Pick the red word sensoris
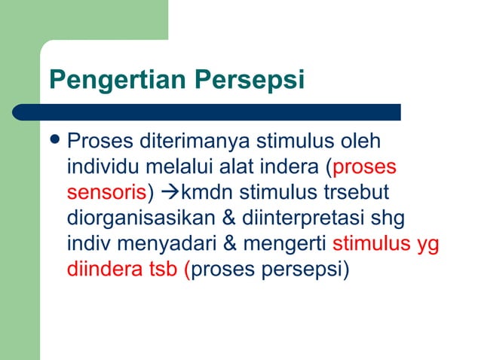tap(106, 191)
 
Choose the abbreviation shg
tap(387, 218)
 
